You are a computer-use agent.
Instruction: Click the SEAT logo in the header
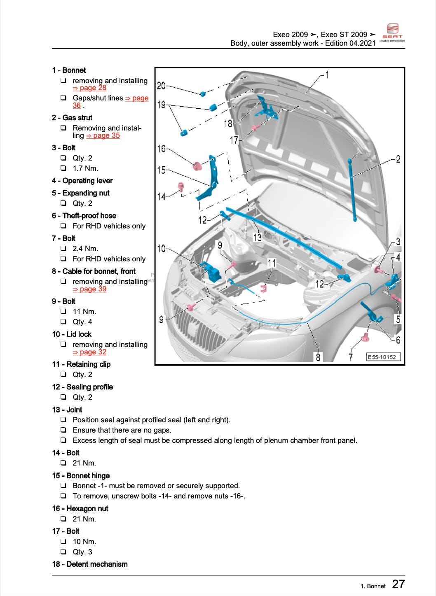pos(392,33)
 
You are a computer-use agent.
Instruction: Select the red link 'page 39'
pos(89,289)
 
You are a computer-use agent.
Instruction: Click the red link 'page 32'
pos(89,352)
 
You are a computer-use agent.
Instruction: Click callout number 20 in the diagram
pos(161,86)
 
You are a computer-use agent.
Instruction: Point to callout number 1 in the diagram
pos(327,74)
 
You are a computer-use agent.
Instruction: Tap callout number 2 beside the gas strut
pos(398,159)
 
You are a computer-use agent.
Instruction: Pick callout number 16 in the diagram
pos(161,149)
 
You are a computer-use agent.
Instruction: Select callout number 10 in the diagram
pos(161,249)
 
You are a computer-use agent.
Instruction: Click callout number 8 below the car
pos(318,357)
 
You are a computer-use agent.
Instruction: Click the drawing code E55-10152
pos(383,357)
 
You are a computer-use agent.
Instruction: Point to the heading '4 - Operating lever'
pos(82,181)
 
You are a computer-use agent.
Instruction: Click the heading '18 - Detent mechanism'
pos(89,564)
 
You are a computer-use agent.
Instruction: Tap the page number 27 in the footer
pos(398,584)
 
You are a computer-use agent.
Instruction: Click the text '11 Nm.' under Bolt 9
pos(84,312)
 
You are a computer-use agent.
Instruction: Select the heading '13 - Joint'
pos(67,410)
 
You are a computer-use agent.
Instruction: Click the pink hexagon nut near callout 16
pos(198,166)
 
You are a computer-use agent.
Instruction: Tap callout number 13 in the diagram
pos(257,237)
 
